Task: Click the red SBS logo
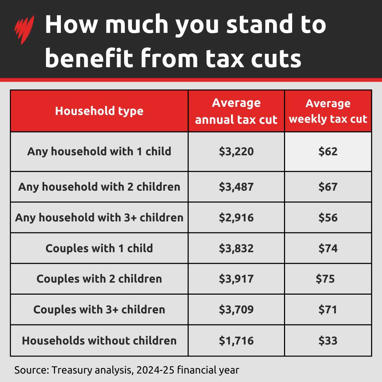tap(24, 30)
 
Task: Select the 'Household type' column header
tap(99, 111)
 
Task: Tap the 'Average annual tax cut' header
tap(236, 111)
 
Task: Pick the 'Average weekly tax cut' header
tap(328, 111)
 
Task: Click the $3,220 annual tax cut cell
tap(236, 152)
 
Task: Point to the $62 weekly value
tap(328, 152)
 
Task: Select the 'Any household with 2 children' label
tap(99, 187)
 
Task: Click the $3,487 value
tap(236, 187)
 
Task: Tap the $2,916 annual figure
tap(236, 218)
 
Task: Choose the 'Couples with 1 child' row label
tap(99, 248)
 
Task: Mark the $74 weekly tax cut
tap(328, 248)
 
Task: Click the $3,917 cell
tap(236, 279)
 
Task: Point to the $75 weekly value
tap(325, 279)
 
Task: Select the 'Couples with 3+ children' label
tap(99, 310)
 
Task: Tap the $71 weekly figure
tap(328, 310)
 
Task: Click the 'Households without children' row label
tap(99, 341)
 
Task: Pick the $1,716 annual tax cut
tap(236, 341)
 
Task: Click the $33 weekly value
tap(328, 341)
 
